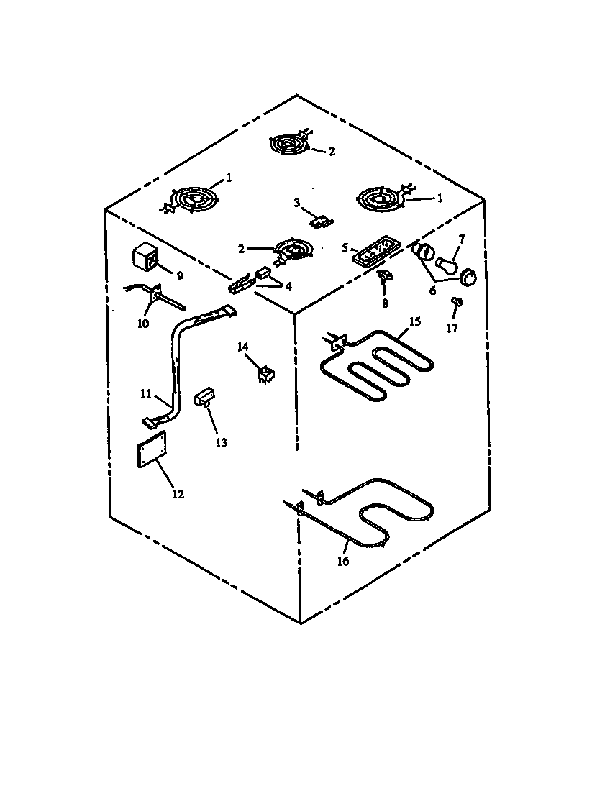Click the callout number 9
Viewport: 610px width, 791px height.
[180, 275]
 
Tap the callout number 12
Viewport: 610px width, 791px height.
[178, 494]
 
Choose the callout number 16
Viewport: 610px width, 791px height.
[343, 561]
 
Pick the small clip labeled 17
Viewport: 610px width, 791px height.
[455, 302]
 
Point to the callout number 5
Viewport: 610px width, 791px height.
[345, 247]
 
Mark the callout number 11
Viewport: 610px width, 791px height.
[145, 394]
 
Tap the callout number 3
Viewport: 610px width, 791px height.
[296, 202]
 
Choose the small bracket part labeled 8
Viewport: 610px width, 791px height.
[385, 276]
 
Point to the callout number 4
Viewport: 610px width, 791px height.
[288, 286]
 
